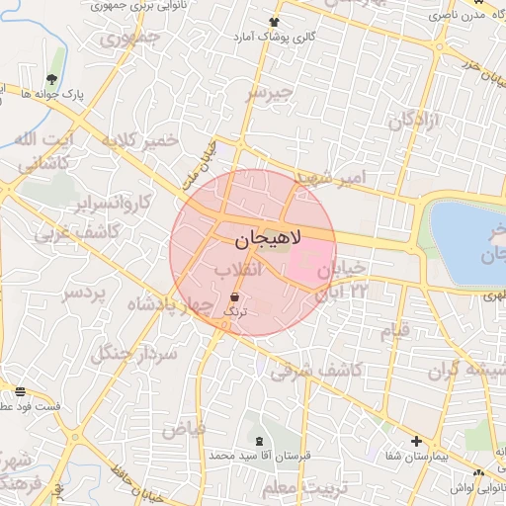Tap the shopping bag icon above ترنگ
(234, 295)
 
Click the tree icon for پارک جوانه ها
(51, 79)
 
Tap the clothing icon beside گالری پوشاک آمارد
(273, 22)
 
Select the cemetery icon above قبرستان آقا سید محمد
(260, 440)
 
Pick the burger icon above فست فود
(20, 391)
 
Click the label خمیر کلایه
(141, 140)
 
